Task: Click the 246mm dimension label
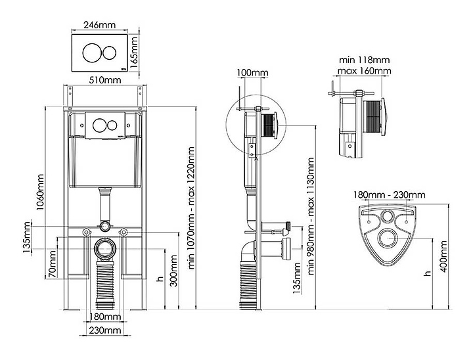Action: point(100,24)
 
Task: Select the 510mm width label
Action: point(105,80)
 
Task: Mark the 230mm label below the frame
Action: point(104,329)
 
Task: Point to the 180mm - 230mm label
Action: point(390,194)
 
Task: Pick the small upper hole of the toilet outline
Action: point(388,217)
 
